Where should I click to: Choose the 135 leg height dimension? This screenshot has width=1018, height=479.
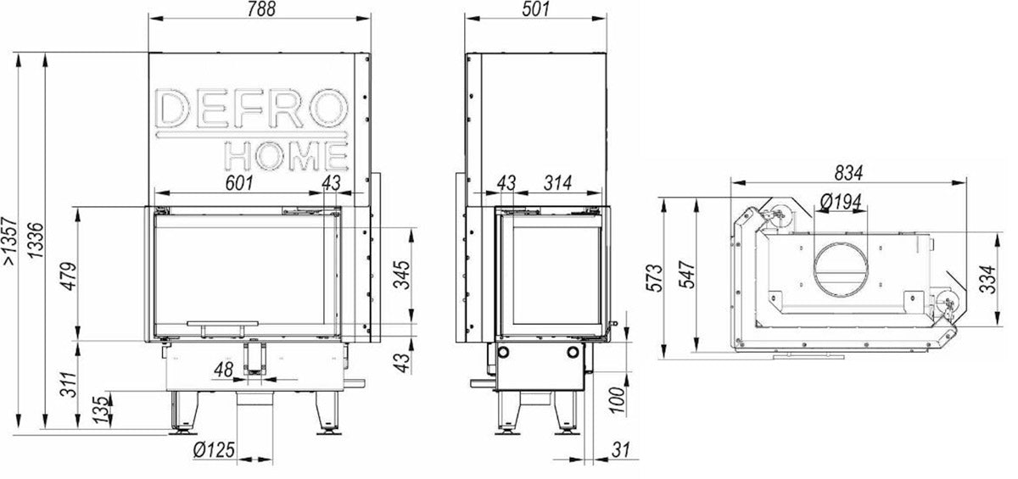99,411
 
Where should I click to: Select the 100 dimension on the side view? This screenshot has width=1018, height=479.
617,398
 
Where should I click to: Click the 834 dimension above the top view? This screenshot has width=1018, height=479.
847,172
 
